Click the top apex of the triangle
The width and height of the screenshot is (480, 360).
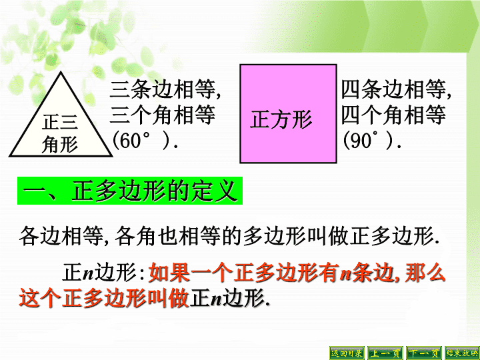tap(61, 72)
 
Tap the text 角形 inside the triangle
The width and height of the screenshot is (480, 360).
tap(60, 144)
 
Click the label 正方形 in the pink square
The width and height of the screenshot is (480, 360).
tap(281, 119)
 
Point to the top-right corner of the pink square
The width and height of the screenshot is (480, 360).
tap(336, 65)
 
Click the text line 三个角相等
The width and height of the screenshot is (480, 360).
tap(163, 115)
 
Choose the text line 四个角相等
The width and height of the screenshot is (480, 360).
tap(393, 115)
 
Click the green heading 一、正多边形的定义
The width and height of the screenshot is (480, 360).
tap(130, 191)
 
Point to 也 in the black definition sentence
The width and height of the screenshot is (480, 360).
tap(168, 236)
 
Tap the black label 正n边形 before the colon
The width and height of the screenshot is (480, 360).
tap(99, 272)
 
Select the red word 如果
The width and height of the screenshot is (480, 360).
tap(169, 272)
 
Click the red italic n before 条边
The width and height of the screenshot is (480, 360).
tap(345, 274)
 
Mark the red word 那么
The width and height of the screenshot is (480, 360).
tap(425, 272)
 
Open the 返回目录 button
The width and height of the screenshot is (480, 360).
tap(347, 353)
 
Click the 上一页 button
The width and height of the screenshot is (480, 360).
tap(385, 353)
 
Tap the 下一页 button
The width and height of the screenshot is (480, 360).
tap(424, 353)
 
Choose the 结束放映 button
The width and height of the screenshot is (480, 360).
tap(462, 353)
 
